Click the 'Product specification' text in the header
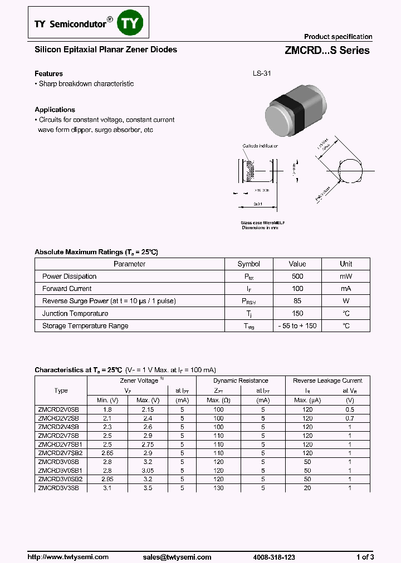[338, 37]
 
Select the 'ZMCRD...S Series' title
[327, 51]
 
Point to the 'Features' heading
[48, 73]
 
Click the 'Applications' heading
[55, 110]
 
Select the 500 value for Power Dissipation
[297, 276]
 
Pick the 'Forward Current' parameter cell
[67, 289]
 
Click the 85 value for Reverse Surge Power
[297, 301]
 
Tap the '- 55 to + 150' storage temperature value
[297, 326]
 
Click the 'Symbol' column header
[248, 264]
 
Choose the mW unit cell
[346, 276]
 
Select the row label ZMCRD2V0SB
[58, 409]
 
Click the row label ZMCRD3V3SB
[58, 488]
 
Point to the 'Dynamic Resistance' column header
[241, 381]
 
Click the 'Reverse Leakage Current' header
[327, 381]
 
